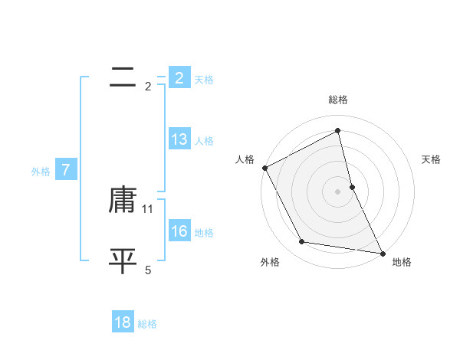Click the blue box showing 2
(179, 78)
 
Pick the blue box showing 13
(179, 139)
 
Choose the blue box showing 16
(179, 231)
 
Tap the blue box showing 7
(66, 170)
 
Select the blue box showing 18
(123, 322)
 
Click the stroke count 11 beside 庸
(148, 208)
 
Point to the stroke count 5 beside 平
(148, 270)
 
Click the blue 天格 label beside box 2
(204, 80)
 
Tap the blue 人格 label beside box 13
(204, 141)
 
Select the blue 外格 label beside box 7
(41, 172)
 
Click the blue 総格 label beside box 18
(147, 324)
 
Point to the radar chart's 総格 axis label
(338, 100)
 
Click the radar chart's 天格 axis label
(432, 159)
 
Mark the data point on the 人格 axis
(264, 168)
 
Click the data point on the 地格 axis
(382, 252)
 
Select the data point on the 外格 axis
(302, 242)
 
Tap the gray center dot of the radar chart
(338, 191)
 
